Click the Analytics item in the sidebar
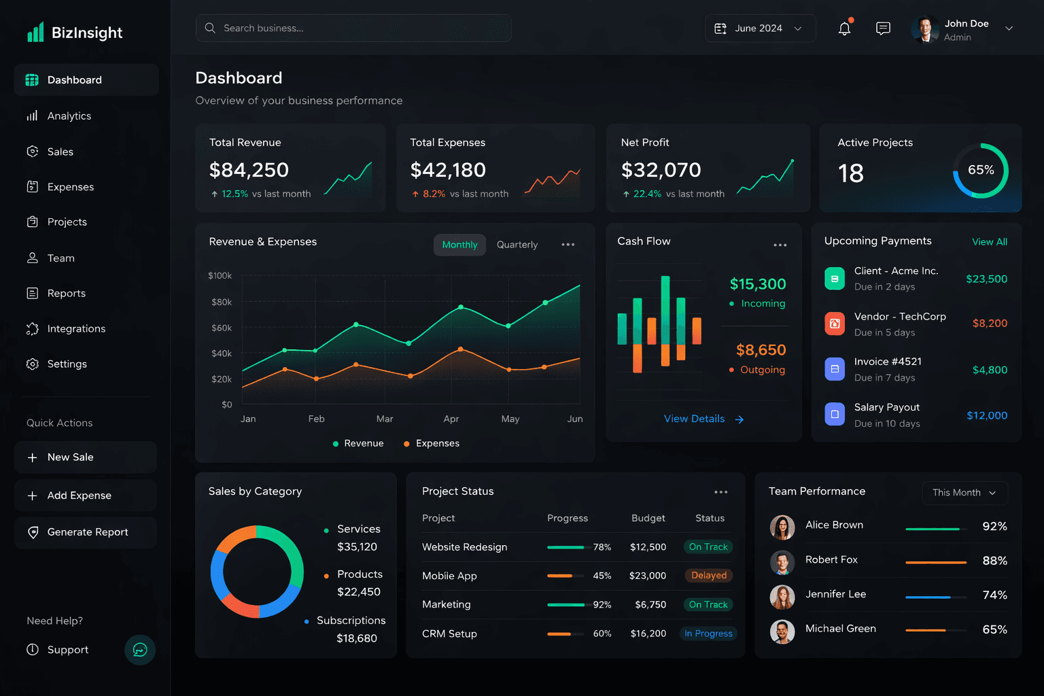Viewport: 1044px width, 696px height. [x=69, y=116]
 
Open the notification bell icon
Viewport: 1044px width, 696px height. [x=844, y=29]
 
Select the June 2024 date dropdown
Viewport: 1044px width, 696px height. [x=759, y=29]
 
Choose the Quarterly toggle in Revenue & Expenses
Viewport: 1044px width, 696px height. [x=517, y=245]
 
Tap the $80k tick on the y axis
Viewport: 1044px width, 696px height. [x=222, y=302]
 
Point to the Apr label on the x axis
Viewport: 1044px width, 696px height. [x=451, y=419]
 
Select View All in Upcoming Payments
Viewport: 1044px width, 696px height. [x=989, y=242]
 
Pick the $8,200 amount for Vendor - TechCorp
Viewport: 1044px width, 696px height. [x=989, y=324]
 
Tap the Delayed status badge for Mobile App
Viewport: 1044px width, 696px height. [x=708, y=576]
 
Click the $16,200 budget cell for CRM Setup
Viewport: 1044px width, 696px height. [x=648, y=633]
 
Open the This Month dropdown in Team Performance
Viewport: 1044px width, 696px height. [x=964, y=493]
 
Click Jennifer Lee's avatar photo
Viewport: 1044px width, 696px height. [x=782, y=597]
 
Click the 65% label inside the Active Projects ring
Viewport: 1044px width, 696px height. [x=980, y=170]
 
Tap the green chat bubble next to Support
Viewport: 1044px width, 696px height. [x=140, y=650]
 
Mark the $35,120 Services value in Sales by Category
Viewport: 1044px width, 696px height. [x=357, y=547]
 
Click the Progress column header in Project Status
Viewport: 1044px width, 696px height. [x=567, y=518]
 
